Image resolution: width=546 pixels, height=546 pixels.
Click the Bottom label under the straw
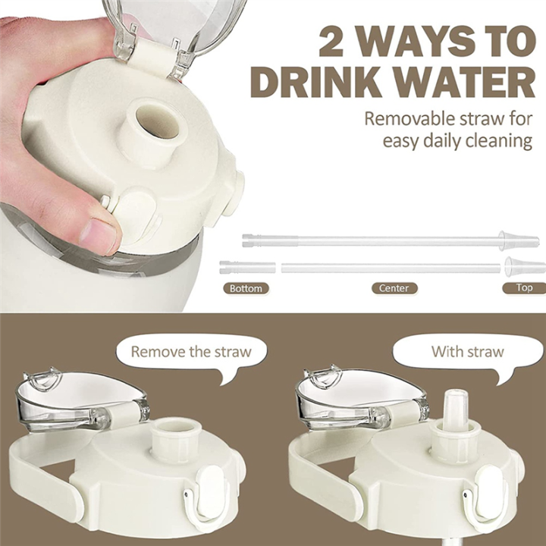click(245, 288)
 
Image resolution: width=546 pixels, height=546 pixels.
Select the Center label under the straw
click(394, 288)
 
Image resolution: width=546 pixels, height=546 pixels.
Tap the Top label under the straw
click(524, 288)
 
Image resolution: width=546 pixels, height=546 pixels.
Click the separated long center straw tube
click(391, 268)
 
